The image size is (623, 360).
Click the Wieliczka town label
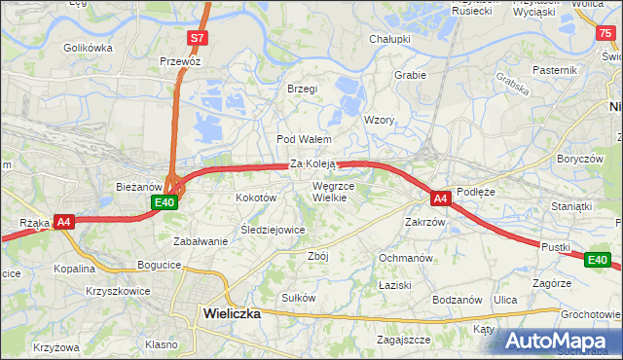pos(232,312)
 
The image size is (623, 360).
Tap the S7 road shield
pos(198,38)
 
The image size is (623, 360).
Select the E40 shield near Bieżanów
pos(165,202)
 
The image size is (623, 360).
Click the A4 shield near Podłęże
pos(440,198)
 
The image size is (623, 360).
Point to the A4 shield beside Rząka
pos(64,222)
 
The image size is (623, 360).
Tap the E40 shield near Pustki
pos(597,260)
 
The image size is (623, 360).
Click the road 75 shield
pos(606,33)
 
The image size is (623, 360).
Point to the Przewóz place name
pos(180,60)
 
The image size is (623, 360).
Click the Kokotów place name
pos(257,198)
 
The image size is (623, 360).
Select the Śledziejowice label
pos(274,230)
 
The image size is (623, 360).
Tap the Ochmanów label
pos(405,258)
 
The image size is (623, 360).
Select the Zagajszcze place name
pos(404,340)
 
